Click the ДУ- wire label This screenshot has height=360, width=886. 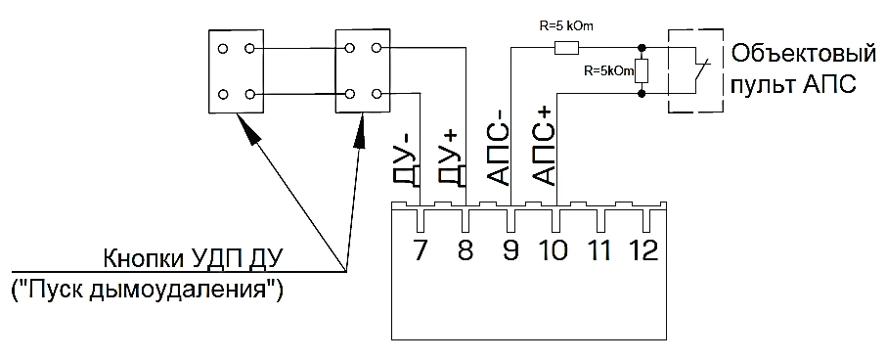(x=406, y=164)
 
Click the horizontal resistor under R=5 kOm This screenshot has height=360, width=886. (x=566, y=49)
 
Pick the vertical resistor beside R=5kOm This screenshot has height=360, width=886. (x=642, y=70)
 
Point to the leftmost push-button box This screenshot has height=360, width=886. (x=237, y=70)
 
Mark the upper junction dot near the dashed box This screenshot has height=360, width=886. (x=642, y=49)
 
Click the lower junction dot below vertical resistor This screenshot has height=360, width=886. (x=642, y=93)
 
